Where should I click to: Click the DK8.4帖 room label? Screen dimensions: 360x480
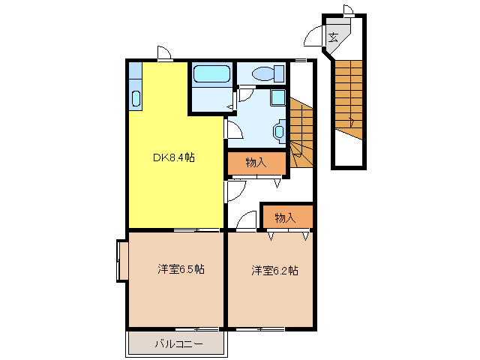174,157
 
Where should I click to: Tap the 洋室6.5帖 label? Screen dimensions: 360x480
181,269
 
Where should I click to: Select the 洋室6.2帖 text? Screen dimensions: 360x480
274,270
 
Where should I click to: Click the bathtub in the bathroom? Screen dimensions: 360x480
211,75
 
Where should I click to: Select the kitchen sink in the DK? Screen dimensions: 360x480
136,97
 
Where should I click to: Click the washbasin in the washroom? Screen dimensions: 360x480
280,132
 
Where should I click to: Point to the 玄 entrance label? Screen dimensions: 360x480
334,36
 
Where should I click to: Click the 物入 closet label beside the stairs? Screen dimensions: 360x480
256,162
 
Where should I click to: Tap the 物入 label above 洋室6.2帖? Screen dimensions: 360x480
284,217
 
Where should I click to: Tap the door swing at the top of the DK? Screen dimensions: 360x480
165,53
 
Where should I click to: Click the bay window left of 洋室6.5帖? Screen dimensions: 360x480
121,261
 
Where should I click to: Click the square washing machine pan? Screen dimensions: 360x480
277,97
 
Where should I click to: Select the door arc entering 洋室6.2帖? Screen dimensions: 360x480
246,222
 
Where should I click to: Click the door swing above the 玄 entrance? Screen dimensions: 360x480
348,10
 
